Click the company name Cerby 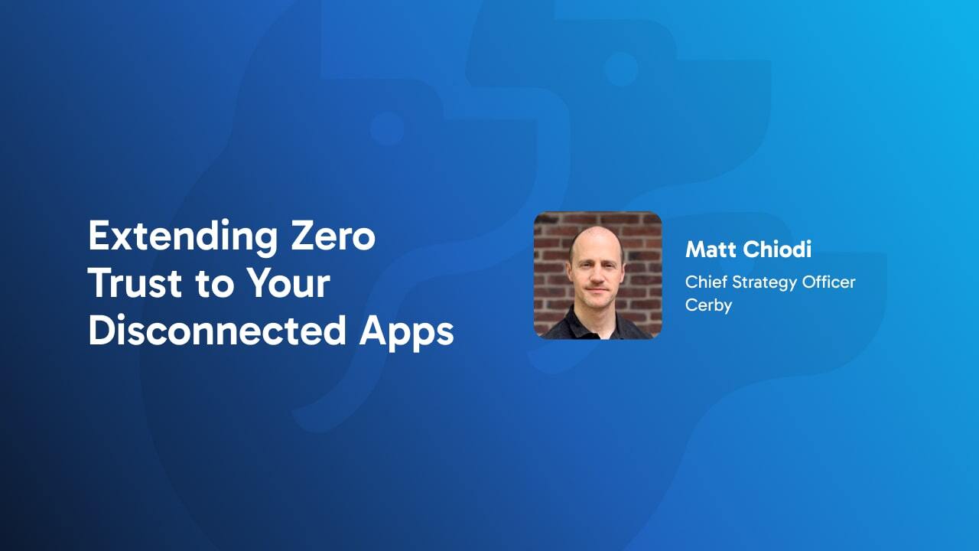[x=708, y=305]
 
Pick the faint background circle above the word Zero [x=387, y=129]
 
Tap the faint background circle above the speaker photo [x=620, y=69]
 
